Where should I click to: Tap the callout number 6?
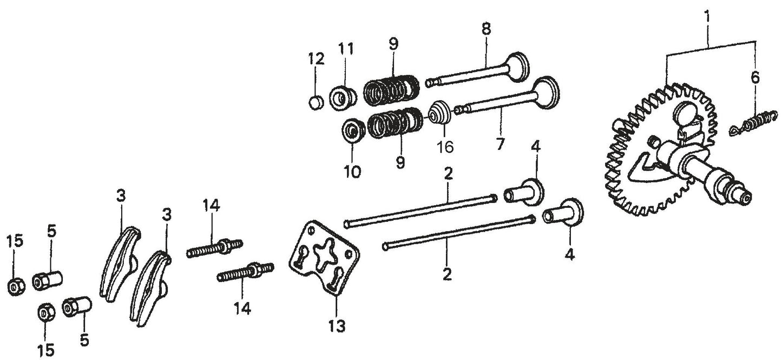coord(755,78)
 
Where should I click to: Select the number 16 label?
coord(445,147)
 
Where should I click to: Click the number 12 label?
coord(317,58)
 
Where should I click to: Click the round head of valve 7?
coord(546,90)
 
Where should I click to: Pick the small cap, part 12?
coord(316,102)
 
